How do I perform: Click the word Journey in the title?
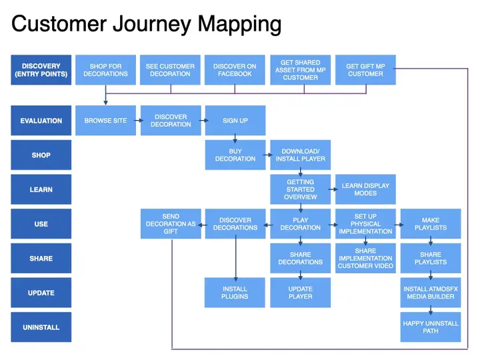(x=152, y=25)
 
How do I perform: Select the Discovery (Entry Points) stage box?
(x=41, y=70)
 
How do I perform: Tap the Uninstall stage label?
(x=41, y=327)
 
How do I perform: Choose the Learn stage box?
(x=41, y=189)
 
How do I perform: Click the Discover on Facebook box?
(x=235, y=70)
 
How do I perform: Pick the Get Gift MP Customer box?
(x=365, y=70)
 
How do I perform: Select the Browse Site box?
(x=105, y=120)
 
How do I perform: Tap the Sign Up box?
(x=235, y=120)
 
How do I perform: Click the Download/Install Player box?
(x=300, y=155)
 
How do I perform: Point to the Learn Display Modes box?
(x=365, y=189)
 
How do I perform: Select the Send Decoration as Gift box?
(x=171, y=224)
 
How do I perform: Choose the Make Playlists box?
(x=431, y=224)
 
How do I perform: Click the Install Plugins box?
(x=235, y=293)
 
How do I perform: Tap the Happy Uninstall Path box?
(x=431, y=327)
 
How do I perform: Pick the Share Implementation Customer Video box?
(x=365, y=259)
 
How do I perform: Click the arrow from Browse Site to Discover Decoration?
(x=139, y=120)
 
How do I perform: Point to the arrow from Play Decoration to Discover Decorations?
(x=268, y=225)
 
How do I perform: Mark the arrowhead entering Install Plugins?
(x=236, y=279)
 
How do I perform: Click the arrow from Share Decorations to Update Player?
(x=300, y=275)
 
